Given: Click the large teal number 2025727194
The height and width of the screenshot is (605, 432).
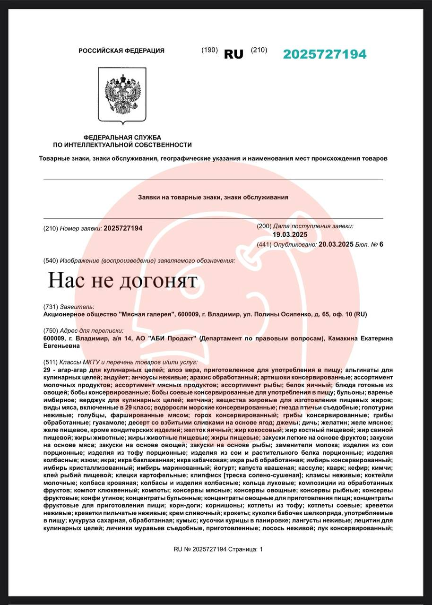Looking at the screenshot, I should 325,54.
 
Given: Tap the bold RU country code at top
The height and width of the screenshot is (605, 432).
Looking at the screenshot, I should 233,54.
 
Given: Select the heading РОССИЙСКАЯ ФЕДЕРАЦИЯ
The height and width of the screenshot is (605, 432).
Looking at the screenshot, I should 121,51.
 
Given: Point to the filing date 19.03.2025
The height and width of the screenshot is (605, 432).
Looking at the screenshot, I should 290,235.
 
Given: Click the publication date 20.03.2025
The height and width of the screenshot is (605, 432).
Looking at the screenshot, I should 336,244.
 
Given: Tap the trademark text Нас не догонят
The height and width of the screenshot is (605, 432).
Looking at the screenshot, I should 122,281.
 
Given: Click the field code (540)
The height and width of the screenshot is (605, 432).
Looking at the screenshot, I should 51,260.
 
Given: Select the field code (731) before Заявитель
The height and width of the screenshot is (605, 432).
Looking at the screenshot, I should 51,307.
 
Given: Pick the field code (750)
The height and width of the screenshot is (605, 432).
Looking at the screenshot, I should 51,330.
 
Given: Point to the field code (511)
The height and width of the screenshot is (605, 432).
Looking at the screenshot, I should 51,362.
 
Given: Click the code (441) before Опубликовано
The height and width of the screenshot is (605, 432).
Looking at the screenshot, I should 264,244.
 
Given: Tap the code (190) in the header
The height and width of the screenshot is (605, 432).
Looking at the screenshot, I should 209,50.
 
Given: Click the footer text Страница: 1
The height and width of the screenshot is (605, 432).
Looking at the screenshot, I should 245,549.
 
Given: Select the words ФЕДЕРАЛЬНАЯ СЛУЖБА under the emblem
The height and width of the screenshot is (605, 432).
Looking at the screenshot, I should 122,137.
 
